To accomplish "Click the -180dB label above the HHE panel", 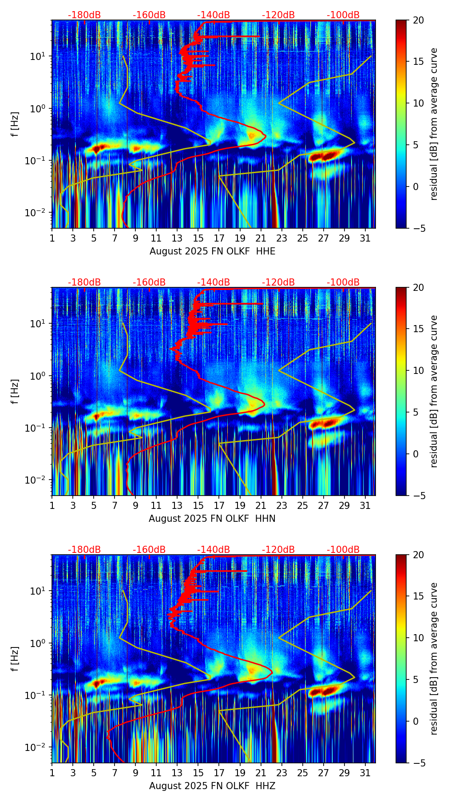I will click(84, 15).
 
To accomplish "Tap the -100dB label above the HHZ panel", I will click(343, 550).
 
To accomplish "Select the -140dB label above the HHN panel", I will click(214, 282).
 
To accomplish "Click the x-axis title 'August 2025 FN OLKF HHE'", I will click(212, 251).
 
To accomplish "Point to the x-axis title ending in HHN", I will click(212, 519).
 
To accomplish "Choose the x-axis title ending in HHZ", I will click(212, 786).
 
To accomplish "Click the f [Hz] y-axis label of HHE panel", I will click(15, 124).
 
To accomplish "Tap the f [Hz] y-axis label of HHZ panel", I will click(15, 659).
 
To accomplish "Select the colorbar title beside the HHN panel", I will click(434, 391).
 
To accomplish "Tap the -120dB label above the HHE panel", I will click(278, 15).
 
